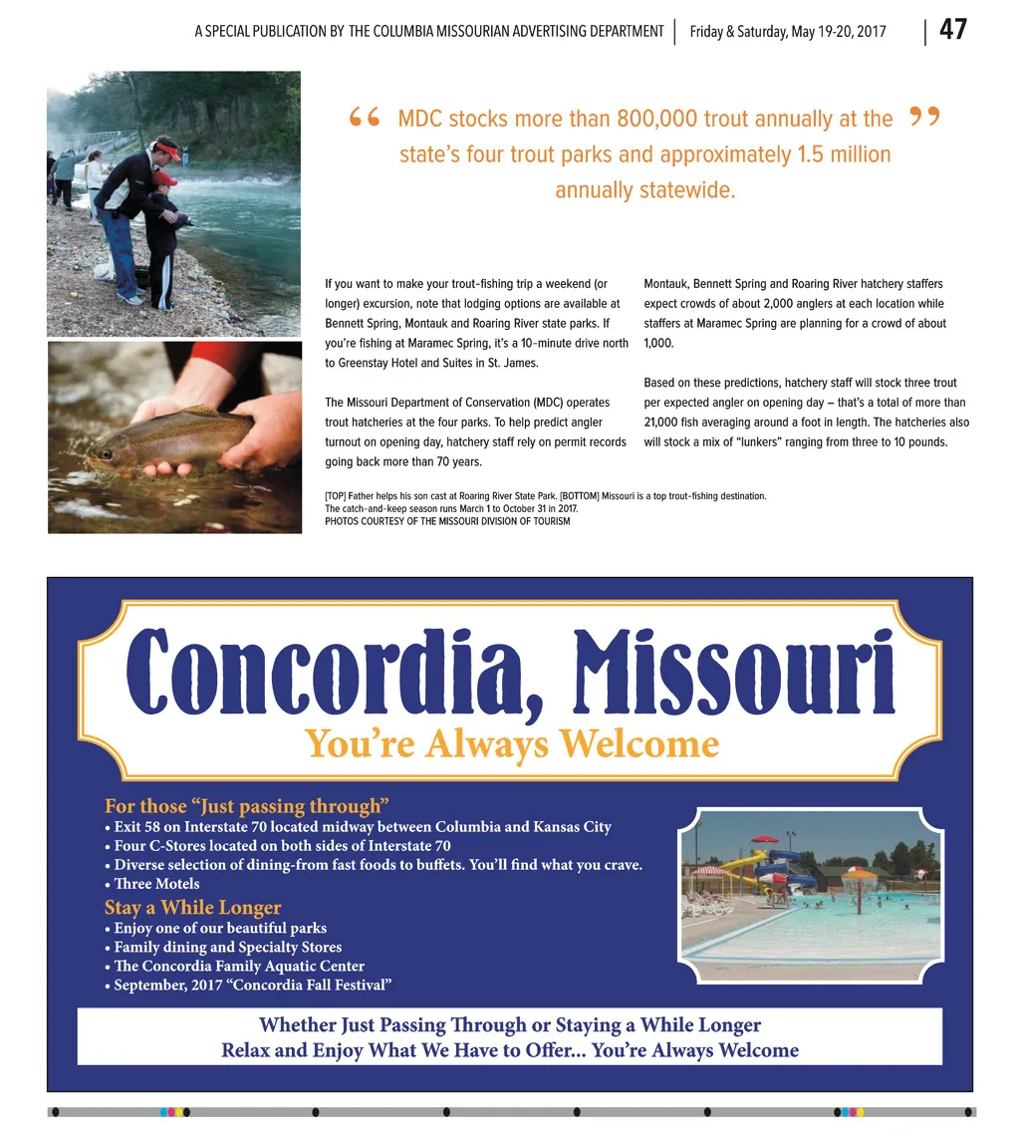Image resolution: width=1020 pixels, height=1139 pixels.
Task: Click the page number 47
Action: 952,30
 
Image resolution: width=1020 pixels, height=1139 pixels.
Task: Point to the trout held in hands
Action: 169,435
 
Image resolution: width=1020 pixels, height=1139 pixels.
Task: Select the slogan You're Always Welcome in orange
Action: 511,743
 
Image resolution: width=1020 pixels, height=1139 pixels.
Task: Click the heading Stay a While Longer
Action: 193,908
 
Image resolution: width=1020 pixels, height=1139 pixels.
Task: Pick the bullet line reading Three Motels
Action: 156,884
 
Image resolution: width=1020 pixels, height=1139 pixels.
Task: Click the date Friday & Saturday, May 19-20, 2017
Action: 788,32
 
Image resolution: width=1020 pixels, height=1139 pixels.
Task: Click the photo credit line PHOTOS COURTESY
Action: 447,521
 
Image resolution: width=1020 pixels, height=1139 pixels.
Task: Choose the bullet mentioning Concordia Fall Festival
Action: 253,986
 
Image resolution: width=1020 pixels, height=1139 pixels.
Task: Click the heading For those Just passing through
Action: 246,806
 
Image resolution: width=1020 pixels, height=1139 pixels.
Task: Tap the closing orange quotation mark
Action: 925,120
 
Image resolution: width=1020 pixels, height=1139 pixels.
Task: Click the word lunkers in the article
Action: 802,442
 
